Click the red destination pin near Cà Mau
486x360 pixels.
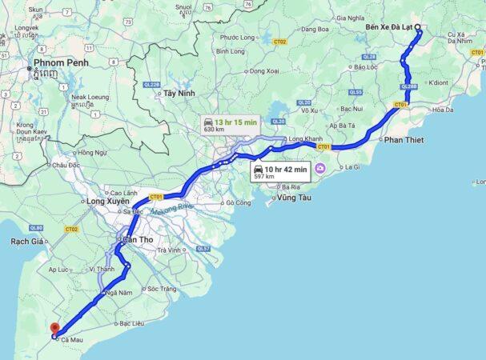click(54, 329)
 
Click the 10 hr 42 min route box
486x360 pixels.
click(280, 171)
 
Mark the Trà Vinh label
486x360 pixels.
click(170, 250)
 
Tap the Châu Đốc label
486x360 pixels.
click(66, 165)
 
